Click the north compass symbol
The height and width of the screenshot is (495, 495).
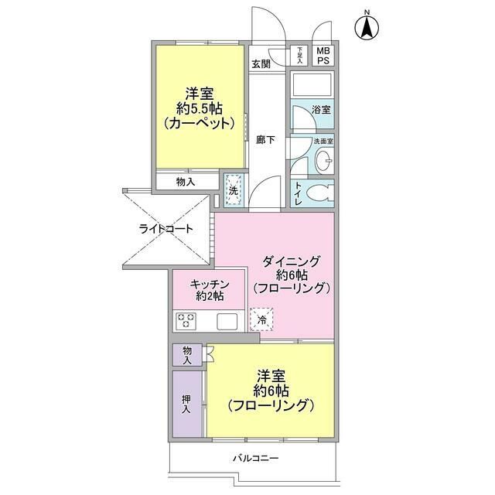[366, 28]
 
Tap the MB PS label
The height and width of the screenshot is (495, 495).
[323, 56]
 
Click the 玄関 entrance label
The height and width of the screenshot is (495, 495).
[261, 64]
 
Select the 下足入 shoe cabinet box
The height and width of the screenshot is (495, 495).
[301, 55]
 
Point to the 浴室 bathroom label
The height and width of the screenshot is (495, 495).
[321, 110]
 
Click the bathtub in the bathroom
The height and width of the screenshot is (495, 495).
[312, 85]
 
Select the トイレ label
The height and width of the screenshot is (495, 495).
[297, 194]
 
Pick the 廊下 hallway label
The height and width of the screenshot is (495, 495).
[265, 139]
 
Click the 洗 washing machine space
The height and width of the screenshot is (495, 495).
[234, 189]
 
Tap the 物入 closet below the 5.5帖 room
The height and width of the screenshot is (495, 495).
[186, 182]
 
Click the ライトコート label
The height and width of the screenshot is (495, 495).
[166, 229]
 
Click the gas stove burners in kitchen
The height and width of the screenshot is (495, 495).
[186, 321]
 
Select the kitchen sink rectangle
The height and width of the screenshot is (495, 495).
[227, 321]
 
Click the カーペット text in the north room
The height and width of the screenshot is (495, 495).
[199, 123]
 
